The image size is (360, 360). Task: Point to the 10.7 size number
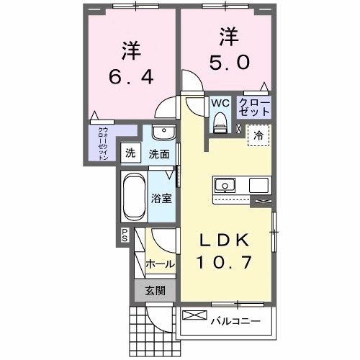click(225, 264)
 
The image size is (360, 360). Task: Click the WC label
click(220, 103)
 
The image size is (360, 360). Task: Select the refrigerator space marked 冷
click(257, 135)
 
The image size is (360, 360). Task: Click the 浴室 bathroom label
click(161, 198)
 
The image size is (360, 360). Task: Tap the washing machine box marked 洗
click(130, 153)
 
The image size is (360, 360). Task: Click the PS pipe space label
click(124, 234)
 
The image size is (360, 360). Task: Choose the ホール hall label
click(160, 264)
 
